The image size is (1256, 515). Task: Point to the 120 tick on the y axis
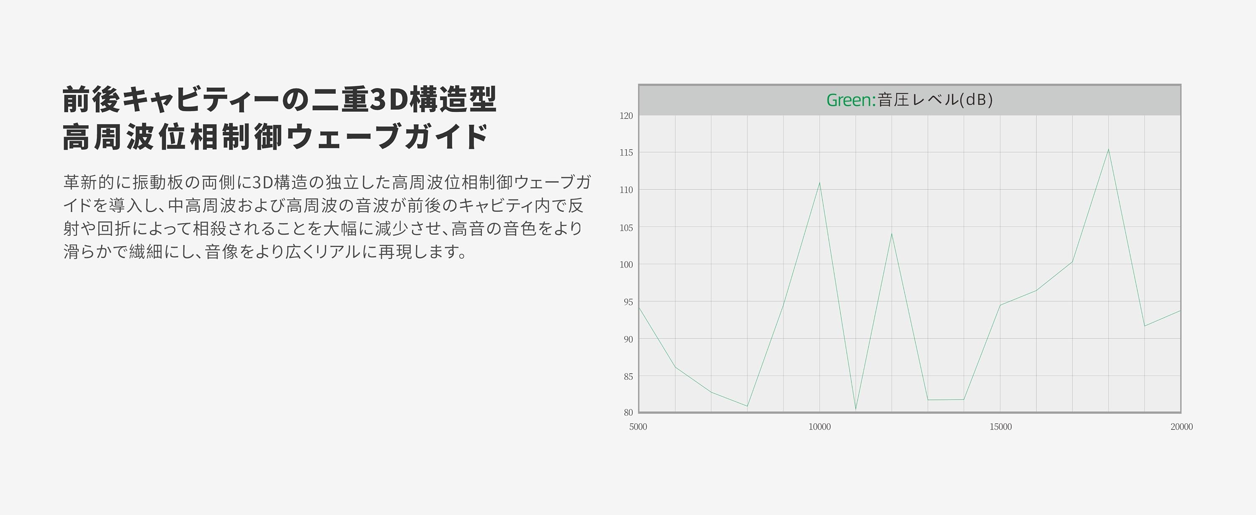(626, 116)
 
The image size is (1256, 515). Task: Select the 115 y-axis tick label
(626, 153)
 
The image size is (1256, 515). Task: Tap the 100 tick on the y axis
(626, 264)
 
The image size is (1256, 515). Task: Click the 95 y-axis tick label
(628, 302)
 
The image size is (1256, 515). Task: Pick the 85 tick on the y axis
(628, 376)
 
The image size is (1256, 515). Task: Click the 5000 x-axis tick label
(638, 427)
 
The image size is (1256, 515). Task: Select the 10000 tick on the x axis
(820, 427)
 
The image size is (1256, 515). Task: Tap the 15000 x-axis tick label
(1001, 427)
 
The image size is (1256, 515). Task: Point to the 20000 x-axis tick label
(1181, 427)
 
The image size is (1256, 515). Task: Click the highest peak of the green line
(1108, 149)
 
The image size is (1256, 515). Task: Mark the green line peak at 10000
(820, 183)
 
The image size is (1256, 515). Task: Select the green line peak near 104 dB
(892, 234)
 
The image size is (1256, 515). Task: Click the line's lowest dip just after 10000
(856, 409)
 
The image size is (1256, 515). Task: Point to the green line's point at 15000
(1000, 305)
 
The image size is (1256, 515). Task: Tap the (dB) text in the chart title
(976, 100)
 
